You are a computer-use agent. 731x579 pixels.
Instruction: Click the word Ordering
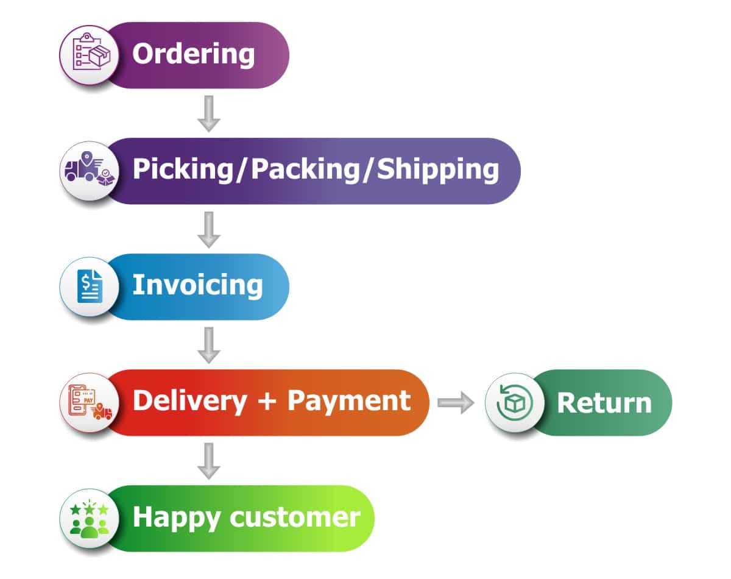(193, 54)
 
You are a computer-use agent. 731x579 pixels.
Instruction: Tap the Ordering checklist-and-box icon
(89, 54)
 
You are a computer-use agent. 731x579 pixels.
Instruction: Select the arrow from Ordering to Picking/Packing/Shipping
(209, 113)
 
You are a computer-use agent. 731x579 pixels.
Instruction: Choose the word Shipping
(438, 170)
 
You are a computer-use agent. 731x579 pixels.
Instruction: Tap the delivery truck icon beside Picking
(89, 170)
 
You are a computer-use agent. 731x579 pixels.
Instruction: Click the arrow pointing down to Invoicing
(209, 229)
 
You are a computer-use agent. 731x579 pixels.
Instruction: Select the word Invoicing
(197, 285)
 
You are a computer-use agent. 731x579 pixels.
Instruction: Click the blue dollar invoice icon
(89, 286)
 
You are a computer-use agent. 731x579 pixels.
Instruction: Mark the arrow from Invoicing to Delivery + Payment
(209, 345)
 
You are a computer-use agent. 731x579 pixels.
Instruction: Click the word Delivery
(189, 401)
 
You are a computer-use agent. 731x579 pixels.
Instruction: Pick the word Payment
(349, 401)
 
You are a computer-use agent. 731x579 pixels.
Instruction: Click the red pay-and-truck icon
(89, 402)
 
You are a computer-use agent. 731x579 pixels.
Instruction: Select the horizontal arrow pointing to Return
(456, 402)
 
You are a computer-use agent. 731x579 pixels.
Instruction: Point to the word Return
(604, 403)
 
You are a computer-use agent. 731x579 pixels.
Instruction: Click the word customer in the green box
(295, 517)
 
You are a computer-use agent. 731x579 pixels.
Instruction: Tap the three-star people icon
(89, 518)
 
